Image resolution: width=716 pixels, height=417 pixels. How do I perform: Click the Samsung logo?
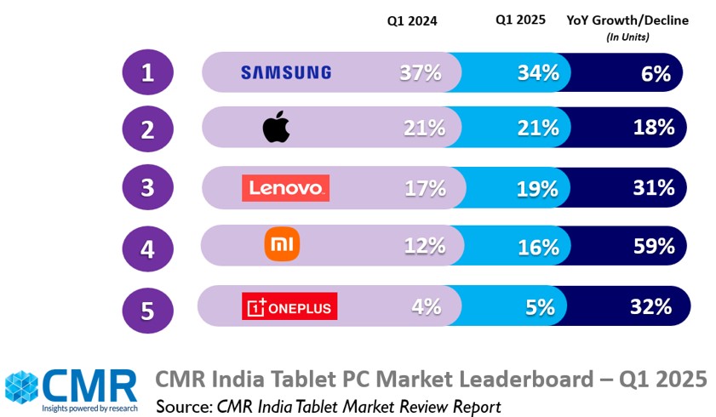click(285, 72)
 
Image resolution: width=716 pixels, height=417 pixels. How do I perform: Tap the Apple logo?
click(277, 129)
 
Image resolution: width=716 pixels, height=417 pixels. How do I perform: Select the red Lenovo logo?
click(285, 187)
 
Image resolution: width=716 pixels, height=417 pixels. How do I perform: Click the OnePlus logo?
click(289, 306)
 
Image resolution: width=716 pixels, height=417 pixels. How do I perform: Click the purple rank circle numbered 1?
click(147, 72)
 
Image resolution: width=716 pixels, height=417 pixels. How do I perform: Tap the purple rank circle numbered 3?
click(147, 187)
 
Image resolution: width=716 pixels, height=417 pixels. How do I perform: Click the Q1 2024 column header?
click(411, 22)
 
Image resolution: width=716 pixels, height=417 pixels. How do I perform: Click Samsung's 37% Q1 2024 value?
click(421, 72)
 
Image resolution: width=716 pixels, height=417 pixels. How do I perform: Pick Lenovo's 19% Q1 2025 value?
click(538, 187)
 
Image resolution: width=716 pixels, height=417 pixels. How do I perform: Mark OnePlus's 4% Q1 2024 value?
click(427, 306)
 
